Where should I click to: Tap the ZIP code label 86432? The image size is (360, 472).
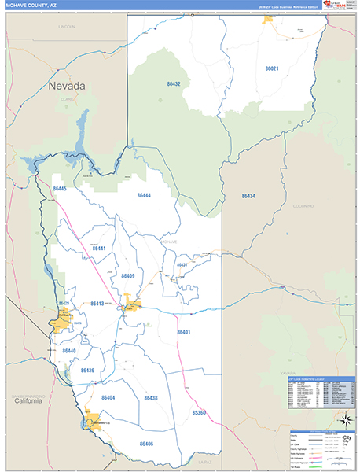[174, 83]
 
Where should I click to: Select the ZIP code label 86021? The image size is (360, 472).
[271, 68]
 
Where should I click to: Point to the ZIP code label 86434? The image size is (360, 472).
[248, 195]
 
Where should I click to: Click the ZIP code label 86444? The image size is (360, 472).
[144, 194]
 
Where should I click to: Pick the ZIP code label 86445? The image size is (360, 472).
[60, 189]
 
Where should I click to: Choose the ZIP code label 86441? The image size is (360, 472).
[98, 248]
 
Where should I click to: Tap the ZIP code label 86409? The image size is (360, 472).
[128, 276]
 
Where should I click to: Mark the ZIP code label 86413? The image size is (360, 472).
[97, 303]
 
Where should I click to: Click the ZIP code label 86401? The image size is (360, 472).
[184, 332]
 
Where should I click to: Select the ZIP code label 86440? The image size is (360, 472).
[69, 351]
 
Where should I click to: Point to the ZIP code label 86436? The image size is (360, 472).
[87, 370]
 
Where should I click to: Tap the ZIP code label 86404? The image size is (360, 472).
[108, 398]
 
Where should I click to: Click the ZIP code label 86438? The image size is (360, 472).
[151, 398]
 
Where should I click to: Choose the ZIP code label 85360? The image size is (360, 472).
[199, 412]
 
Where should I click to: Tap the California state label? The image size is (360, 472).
[27, 400]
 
